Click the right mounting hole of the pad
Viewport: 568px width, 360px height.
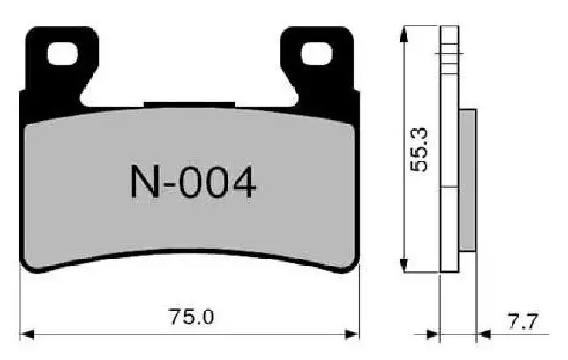(315, 54)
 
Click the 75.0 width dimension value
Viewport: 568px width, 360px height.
(192, 316)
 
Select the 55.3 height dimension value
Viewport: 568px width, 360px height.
(424, 147)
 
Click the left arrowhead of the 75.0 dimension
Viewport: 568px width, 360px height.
(26, 334)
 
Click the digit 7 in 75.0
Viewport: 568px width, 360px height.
(178, 316)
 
